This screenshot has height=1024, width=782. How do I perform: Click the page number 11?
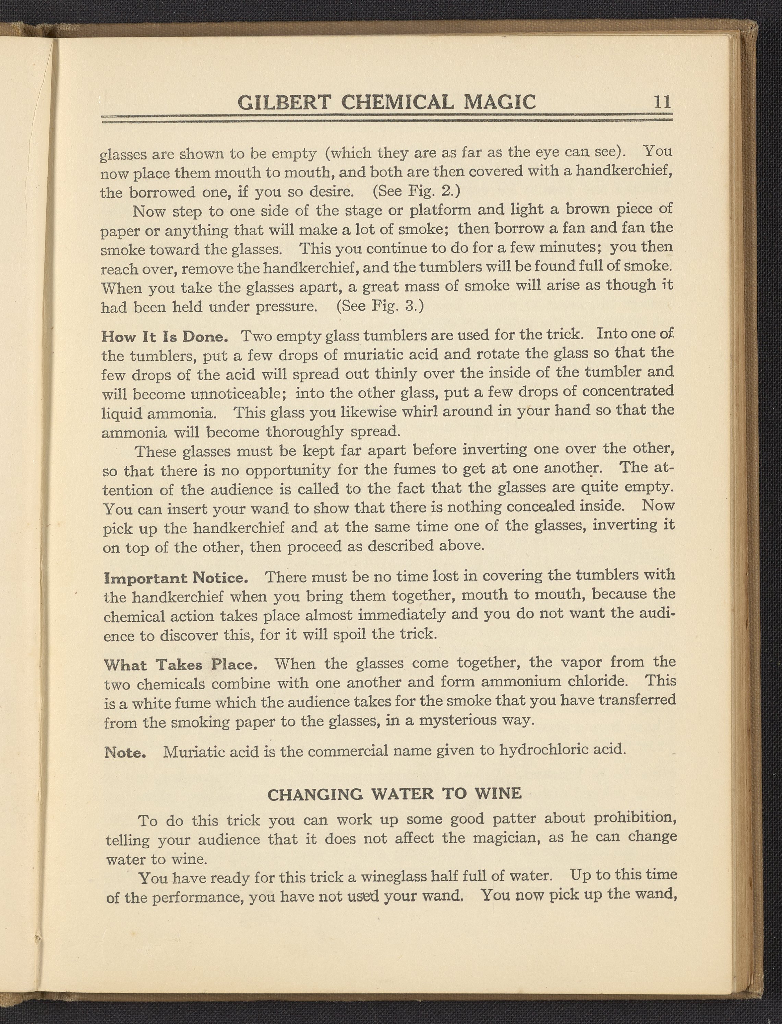pyautogui.click(x=662, y=102)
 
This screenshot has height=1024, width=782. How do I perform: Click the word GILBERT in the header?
pyautogui.click(x=284, y=103)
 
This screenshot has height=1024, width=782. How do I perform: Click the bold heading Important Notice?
pyautogui.click(x=176, y=578)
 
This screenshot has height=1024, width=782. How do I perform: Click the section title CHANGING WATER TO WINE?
pyautogui.click(x=394, y=794)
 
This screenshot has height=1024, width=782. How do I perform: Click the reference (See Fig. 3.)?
pyautogui.click(x=380, y=307)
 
